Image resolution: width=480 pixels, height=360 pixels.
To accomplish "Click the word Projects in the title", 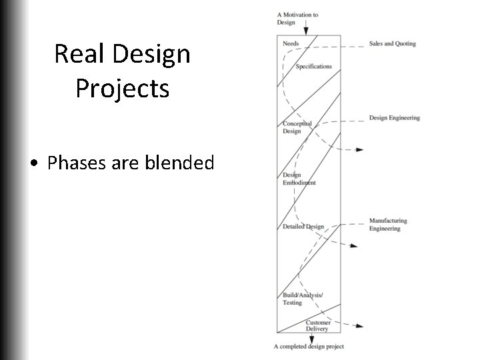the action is pyautogui.click(x=123, y=88).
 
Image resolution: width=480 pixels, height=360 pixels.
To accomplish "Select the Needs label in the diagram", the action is pyautogui.click(x=291, y=43).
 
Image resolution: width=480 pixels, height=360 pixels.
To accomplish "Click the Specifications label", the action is pyautogui.click(x=313, y=67).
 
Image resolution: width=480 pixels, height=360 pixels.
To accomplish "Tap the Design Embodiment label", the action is pyautogui.click(x=299, y=179).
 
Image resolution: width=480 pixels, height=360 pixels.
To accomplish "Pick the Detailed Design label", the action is pyautogui.click(x=303, y=227).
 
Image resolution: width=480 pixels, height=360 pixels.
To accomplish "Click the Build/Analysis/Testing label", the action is pyautogui.click(x=302, y=299).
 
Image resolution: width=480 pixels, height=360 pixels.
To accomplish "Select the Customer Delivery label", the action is pyautogui.click(x=318, y=325).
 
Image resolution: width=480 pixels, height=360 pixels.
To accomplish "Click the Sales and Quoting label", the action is pyautogui.click(x=392, y=44).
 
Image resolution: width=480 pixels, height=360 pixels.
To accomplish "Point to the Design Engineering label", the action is pyautogui.click(x=395, y=118).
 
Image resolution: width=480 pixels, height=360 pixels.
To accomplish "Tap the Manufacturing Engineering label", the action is pyautogui.click(x=388, y=225).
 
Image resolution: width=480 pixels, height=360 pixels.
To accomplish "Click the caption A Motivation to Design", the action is pyautogui.click(x=297, y=18).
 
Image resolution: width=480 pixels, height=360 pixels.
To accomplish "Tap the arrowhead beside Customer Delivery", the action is pyautogui.click(x=359, y=326).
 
